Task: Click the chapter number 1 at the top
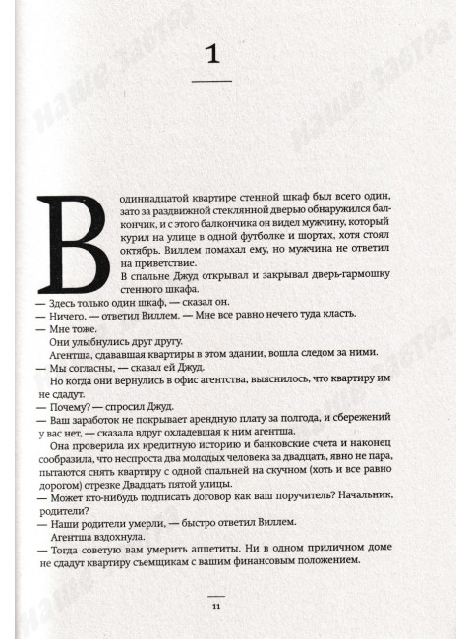[219, 56]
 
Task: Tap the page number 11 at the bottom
[216, 606]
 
